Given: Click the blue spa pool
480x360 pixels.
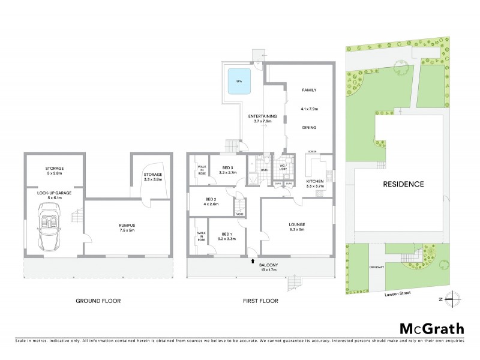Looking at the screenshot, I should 238,83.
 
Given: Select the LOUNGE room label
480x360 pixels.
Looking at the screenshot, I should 297,223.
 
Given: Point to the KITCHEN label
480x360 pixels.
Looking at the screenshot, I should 316,181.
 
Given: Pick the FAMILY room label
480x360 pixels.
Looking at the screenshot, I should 309,90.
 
